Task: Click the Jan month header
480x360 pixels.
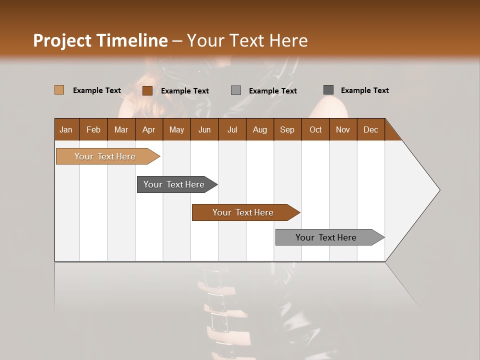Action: (66, 129)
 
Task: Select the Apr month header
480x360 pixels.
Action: (148, 129)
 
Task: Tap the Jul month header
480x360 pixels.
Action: (232, 129)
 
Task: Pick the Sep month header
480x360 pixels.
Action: (287, 129)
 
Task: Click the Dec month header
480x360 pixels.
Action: (370, 129)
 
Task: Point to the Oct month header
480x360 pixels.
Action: (315, 129)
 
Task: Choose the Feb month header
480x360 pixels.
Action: (93, 129)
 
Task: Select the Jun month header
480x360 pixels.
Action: (204, 129)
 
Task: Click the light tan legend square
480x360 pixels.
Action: (59, 90)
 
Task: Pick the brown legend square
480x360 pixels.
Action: (147, 90)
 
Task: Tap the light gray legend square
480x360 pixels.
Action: (236, 90)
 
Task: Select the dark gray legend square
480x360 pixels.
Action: (328, 90)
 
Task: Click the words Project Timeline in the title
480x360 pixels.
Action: (100, 40)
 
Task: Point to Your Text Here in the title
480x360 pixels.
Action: (247, 40)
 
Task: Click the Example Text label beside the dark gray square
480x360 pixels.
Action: (364, 90)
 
